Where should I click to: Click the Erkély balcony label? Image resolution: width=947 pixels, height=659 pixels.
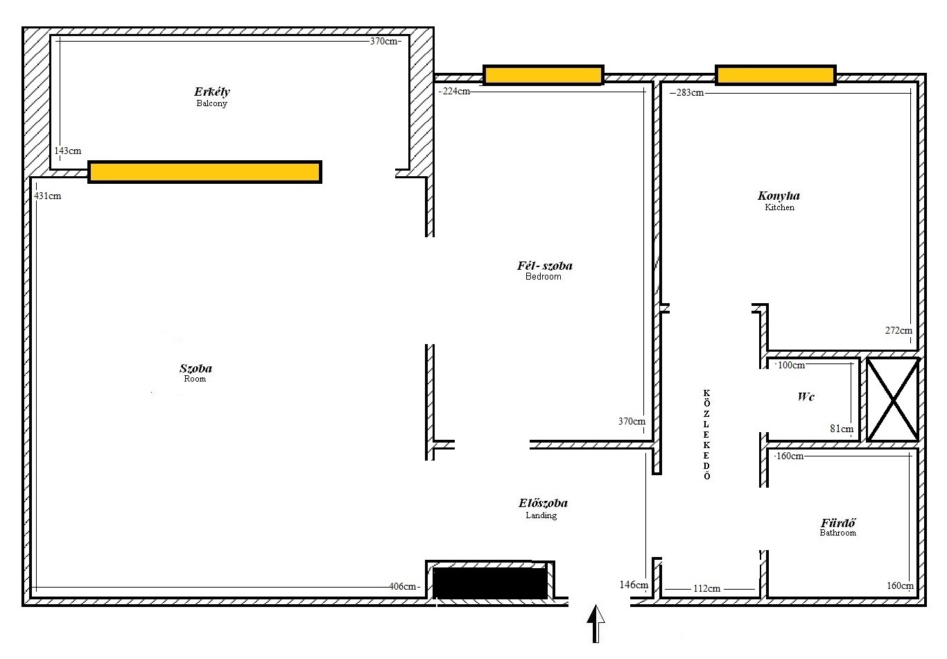tap(212, 97)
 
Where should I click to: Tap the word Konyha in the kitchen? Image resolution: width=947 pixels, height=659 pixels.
tap(779, 196)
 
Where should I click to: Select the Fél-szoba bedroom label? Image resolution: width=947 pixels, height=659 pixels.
tap(544, 271)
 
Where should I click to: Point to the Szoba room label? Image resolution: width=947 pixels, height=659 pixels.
tap(196, 373)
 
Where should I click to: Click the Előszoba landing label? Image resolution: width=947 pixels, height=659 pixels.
tap(543, 508)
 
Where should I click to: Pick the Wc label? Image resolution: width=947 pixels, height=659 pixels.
tap(806, 396)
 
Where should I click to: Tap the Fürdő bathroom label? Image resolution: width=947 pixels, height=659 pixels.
tap(838, 527)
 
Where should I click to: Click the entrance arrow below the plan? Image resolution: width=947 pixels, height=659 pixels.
tap(596, 624)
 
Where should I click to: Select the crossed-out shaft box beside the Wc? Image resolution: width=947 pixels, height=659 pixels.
tap(892, 400)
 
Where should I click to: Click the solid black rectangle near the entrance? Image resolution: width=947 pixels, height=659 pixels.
tap(490, 583)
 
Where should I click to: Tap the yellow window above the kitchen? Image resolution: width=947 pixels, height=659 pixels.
tap(775, 76)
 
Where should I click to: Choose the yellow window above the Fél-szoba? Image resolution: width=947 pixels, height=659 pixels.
tap(544, 76)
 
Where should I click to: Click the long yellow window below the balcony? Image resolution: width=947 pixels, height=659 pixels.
tap(205, 172)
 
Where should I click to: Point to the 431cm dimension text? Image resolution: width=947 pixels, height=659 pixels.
tap(47, 196)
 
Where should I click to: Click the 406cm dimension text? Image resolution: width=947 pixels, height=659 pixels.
tap(403, 586)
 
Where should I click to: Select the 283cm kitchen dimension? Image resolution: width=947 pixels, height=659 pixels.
tap(690, 92)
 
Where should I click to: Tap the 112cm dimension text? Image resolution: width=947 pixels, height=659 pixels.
tap(707, 588)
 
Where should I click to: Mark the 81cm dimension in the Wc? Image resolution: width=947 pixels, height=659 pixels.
tap(842, 429)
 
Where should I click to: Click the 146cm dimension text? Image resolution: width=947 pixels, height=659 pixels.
tap(634, 585)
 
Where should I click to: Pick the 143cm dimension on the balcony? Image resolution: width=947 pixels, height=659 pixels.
tap(68, 151)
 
